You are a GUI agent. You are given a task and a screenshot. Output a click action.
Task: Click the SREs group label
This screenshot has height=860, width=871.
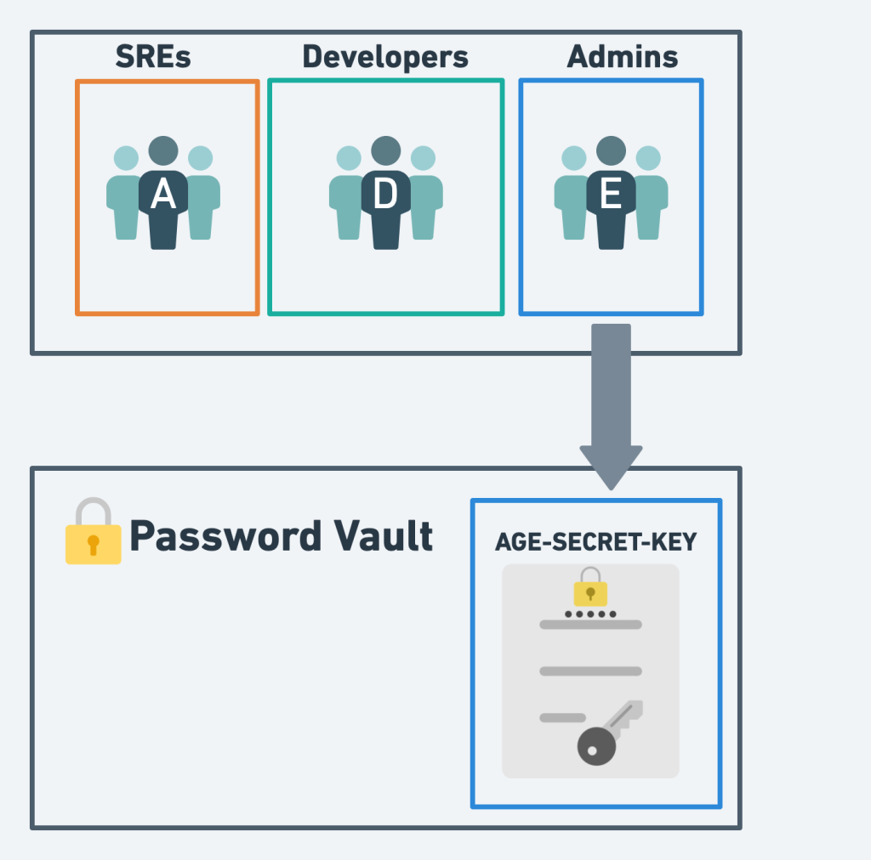(153, 57)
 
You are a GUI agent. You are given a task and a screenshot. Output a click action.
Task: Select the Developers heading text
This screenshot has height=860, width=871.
(385, 57)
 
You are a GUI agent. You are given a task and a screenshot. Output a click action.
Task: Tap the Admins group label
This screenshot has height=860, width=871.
(623, 57)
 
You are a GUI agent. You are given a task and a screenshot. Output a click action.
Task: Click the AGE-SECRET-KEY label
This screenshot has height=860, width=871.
(595, 542)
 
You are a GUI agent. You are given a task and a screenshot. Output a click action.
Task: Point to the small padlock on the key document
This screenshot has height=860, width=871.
(590, 588)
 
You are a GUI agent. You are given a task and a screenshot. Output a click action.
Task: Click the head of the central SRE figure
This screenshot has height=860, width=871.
(163, 151)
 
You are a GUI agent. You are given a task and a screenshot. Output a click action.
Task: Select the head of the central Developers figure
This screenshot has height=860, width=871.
(386, 151)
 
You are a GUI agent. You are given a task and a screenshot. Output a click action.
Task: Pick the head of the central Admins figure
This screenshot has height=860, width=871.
(611, 151)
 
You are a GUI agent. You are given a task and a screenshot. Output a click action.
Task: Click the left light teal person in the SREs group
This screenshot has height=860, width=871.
(124, 195)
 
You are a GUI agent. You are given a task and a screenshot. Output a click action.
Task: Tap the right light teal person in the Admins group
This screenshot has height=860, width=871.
(650, 195)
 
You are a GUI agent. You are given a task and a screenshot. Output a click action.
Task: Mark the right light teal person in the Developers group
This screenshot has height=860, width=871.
(424, 195)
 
